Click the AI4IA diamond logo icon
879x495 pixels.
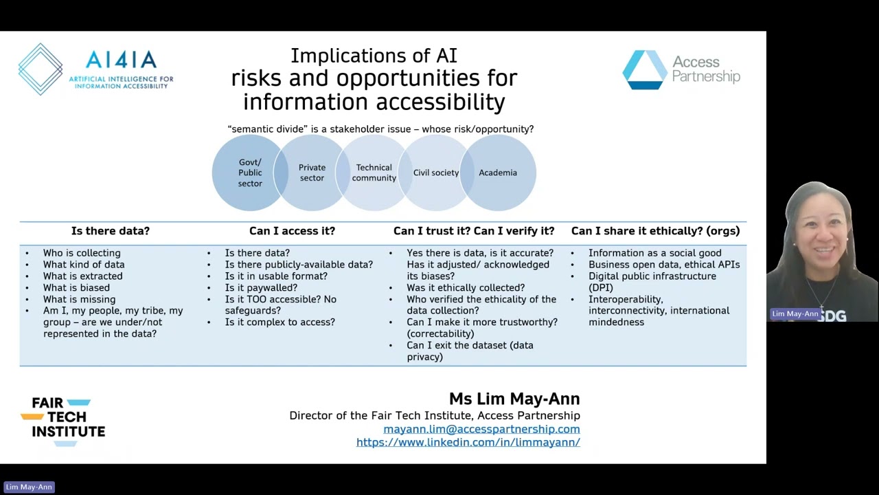(x=41, y=69)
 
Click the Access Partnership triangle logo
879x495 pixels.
(x=644, y=69)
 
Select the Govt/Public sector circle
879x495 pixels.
(x=249, y=173)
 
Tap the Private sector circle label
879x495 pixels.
(x=312, y=173)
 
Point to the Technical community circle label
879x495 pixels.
(x=374, y=173)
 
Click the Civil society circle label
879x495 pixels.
(x=435, y=173)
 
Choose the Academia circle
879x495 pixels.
(x=498, y=173)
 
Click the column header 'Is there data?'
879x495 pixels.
(x=110, y=231)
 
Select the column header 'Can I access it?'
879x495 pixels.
(x=292, y=231)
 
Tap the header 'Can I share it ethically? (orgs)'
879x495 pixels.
(x=655, y=231)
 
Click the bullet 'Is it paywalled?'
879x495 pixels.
(x=261, y=287)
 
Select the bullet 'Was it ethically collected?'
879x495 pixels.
(x=465, y=287)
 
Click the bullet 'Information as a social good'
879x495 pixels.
(x=654, y=253)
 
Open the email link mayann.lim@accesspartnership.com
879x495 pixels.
(x=481, y=429)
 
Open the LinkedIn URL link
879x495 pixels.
(x=468, y=442)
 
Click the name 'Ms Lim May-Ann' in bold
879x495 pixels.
(x=514, y=399)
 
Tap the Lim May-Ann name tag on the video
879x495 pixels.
(x=795, y=313)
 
